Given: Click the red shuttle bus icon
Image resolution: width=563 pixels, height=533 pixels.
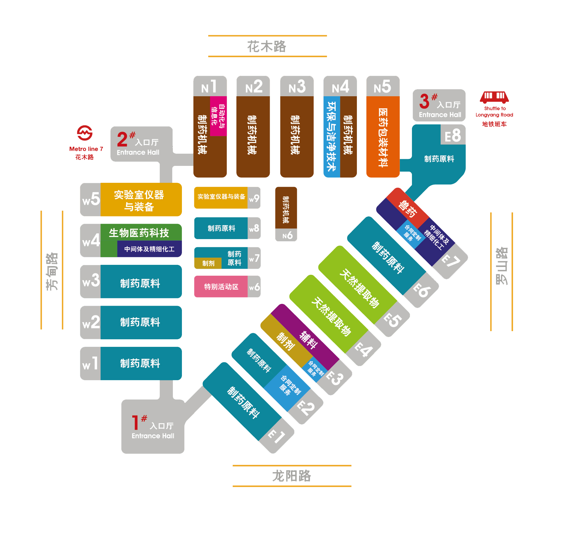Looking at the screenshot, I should coord(494,97).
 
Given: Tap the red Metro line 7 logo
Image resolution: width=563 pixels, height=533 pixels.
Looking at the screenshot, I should coord(85,133).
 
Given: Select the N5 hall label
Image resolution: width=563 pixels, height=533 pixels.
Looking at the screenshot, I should coord(383,87).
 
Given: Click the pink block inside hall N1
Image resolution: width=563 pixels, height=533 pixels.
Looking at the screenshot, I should coord(218,116).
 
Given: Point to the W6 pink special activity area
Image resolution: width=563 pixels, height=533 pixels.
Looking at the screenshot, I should coord(221,287).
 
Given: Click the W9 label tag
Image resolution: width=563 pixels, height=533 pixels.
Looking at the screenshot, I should coord(254,198).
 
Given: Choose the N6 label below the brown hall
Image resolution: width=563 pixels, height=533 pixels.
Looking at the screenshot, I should coord(286,235).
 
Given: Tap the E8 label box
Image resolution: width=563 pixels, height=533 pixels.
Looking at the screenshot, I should coord(453,135).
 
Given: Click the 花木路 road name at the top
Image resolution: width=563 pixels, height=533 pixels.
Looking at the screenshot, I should coord(267,46).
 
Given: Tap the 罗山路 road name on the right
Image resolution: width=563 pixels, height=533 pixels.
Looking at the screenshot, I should coord(501,266).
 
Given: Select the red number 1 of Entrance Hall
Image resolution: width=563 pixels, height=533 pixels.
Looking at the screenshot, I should coord(135,423).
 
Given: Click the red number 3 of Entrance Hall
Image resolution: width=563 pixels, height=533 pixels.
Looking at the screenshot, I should coord(424,101).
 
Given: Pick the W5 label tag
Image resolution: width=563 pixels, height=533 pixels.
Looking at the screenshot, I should coord(91,199).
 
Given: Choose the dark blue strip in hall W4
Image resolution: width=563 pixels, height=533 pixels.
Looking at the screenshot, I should coord(150,249).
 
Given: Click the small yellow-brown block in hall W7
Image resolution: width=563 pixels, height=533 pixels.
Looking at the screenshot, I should coord(208,263).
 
